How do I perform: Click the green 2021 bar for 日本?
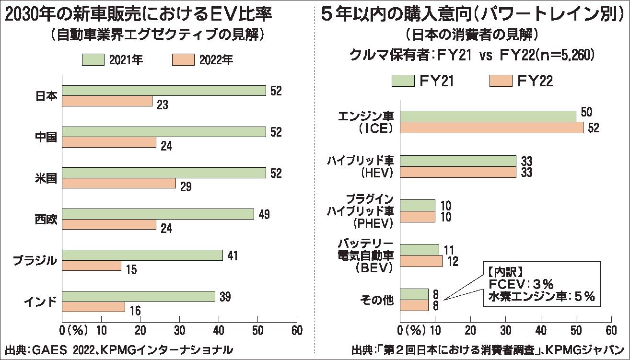point(163,91)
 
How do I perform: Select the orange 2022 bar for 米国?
point(119,184)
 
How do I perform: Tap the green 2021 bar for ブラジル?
point(142,255)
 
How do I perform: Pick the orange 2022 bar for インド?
point(93,307)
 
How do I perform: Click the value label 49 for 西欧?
point(264,214)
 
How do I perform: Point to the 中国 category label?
point(47,137)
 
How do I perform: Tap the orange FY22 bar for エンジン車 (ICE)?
point(491,128)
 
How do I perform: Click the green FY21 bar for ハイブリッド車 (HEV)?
point(458,161)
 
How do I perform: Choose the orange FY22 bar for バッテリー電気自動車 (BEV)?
point(421,261)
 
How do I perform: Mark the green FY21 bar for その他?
point(414,294)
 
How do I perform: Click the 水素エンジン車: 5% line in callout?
point(541,297)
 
